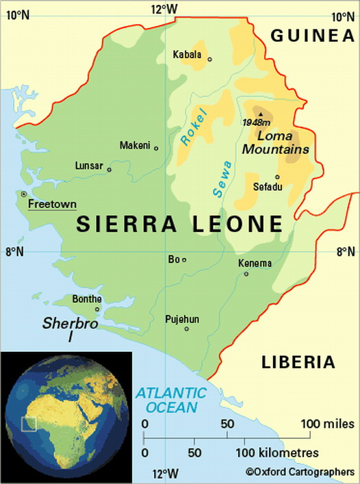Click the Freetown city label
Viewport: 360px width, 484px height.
coord(51,204)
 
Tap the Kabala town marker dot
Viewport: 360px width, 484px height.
coord(209,60)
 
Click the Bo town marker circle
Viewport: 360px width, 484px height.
coord(184,259)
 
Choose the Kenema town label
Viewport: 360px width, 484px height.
coord(255,264)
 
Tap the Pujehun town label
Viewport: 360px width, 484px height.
coord(181,319)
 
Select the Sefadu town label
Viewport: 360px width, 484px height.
coord(268,186)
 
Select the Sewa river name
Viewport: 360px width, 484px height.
coord(222,179)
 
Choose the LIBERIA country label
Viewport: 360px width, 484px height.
coord(299,362)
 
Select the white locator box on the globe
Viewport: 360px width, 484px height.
coord(28,424)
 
